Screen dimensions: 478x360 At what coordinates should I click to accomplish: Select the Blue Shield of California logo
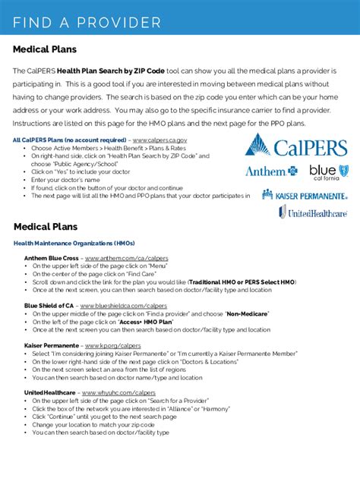tap(329, 171)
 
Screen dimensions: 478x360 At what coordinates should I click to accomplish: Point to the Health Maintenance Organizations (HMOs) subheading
tap(74, 243)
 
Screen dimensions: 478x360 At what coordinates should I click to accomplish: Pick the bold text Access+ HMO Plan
tap(145, 322)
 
